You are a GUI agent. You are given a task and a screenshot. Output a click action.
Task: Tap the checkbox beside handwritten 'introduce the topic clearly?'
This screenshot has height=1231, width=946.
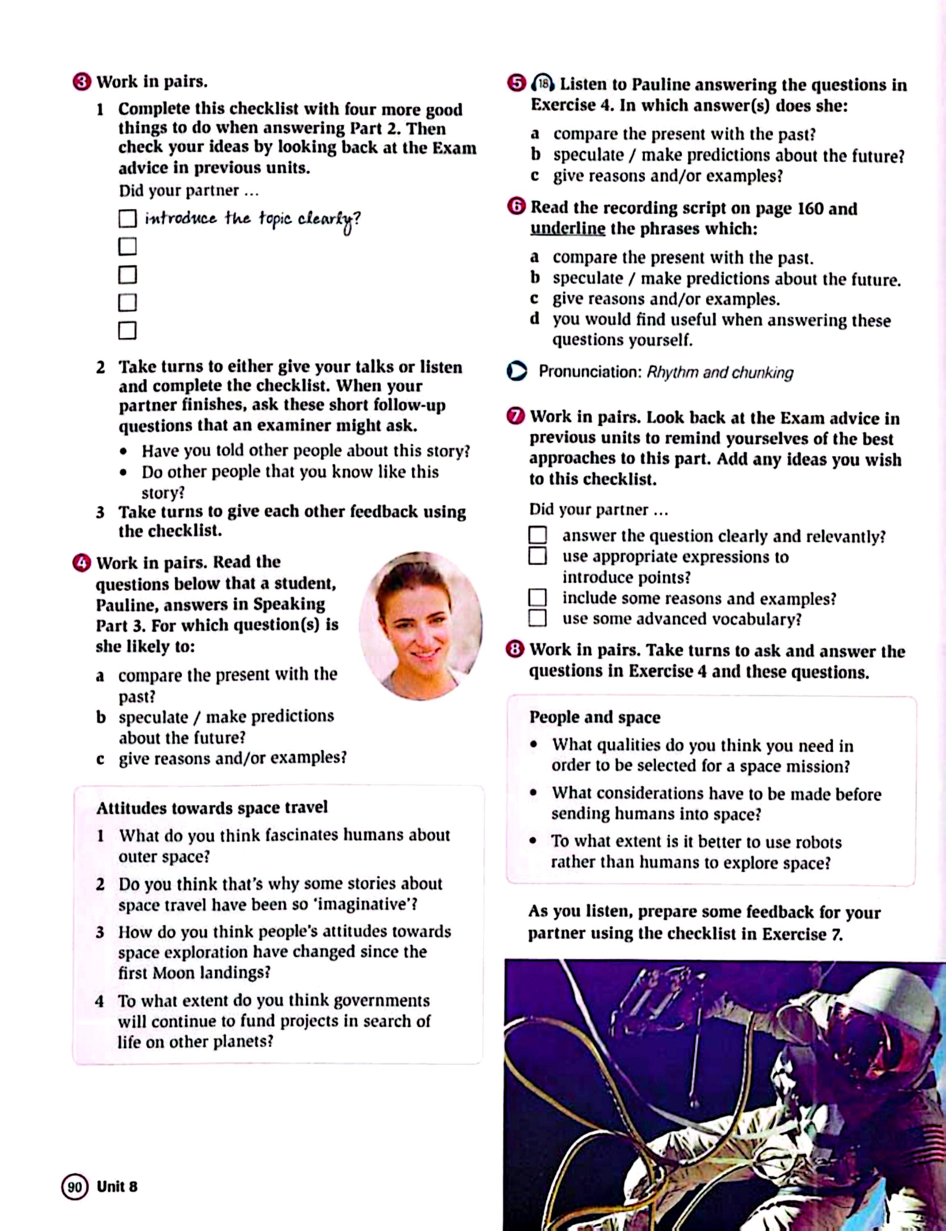tap(127, 218)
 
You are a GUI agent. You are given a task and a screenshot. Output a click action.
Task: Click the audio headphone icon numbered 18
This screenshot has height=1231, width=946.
tap(542, 84)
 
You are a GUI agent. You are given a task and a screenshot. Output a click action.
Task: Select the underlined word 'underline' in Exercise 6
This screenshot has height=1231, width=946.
tap(568, 229)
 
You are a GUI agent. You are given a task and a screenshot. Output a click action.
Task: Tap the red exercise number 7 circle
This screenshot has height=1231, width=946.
tap(515, 417)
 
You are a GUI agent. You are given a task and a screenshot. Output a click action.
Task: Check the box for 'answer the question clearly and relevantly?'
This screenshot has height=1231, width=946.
tap(537, 535)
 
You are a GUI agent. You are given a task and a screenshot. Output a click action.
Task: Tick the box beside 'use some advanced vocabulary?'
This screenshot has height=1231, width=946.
tap(537, 618)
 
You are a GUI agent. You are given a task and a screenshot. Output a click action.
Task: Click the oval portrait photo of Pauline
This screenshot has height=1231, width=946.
tap(420, 625)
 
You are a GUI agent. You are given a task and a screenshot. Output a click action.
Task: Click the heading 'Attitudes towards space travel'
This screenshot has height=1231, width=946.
tap(212, 808)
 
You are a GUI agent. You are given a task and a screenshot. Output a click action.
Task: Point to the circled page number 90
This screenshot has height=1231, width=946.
tap(75, 1187)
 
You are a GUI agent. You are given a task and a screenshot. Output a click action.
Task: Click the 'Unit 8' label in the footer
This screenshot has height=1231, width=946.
tap(117, 1187)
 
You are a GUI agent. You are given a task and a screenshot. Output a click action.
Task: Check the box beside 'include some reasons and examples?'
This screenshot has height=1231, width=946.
tap(537, 597)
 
